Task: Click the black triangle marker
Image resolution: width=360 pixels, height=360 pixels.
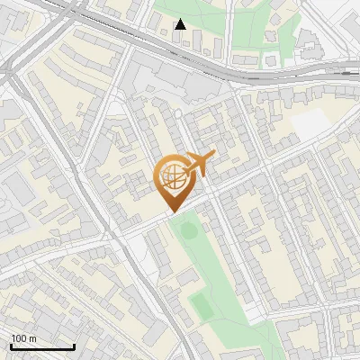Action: [x=180, y=23]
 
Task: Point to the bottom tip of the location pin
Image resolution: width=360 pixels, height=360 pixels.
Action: [x=172, y=212]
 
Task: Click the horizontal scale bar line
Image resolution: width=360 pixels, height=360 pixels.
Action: [x=42, y=346]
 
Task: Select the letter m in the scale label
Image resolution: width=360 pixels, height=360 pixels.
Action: [x=32, y=338]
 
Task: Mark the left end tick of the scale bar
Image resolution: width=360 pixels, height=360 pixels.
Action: [x=11, y=345]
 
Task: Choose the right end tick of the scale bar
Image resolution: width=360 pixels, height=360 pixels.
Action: [x=74, y=345]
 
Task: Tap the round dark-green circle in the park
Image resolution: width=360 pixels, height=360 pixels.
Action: [x=188, y=230]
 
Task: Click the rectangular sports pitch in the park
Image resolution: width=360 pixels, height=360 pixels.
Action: [x=202, y=306]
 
